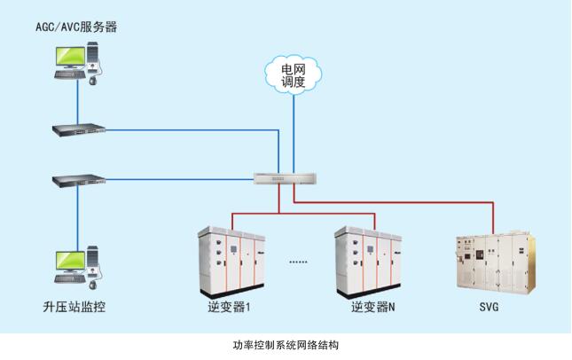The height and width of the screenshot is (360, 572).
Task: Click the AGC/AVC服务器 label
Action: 75,27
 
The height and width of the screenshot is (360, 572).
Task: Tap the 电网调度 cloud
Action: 293,75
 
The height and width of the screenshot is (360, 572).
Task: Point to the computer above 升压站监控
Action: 77,265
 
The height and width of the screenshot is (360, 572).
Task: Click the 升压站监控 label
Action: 75,308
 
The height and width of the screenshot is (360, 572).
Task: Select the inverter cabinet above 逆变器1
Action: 230,262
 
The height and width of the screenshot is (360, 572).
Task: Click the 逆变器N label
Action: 372,309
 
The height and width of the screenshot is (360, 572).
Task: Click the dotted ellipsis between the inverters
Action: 299,262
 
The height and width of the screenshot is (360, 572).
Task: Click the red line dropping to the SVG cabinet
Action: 495,217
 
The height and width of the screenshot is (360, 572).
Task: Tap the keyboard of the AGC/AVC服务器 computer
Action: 70,75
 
